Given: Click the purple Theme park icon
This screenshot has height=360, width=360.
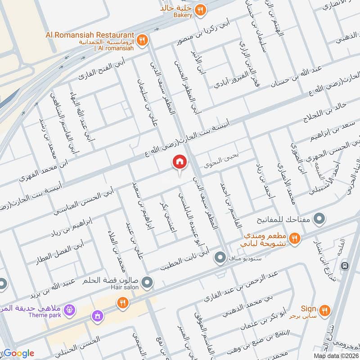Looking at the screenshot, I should pos(69,310).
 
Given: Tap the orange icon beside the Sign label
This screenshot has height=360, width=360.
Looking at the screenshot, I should pos(324,310).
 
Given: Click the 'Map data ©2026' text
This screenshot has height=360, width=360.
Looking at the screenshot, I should pos(337,356).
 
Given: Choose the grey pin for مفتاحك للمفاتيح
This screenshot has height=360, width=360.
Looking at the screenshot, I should pos(319,220).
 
